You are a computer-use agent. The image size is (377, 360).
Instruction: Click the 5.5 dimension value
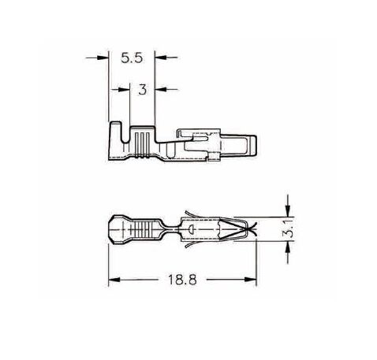(132, 58)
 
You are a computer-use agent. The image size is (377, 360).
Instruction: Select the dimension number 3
(142, 90)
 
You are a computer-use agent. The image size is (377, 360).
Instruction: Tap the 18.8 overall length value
(182, 280)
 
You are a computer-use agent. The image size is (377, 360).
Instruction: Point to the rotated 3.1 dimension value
(289, 230)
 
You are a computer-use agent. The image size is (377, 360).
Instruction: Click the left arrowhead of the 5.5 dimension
(103, 58)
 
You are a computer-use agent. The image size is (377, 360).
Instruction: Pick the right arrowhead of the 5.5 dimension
(161, 58)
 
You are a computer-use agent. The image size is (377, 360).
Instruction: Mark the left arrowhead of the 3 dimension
(124, 90)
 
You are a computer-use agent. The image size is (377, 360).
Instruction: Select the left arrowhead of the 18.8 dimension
(114, 280)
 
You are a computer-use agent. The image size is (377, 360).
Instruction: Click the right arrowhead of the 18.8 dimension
(250, 280)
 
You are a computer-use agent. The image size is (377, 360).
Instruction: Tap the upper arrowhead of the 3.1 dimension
(288, 211)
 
